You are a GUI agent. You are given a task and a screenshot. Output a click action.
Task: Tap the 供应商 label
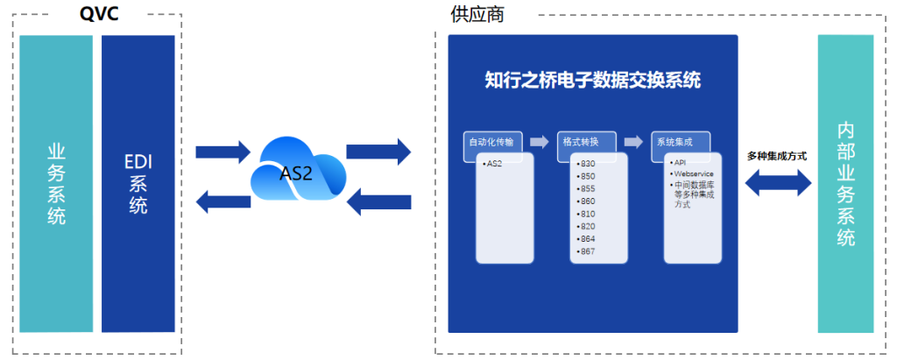477,14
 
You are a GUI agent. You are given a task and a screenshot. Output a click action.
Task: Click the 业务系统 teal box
56,184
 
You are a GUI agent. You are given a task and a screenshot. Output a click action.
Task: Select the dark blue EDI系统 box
138,184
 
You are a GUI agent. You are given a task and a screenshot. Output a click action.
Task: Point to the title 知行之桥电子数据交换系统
592,81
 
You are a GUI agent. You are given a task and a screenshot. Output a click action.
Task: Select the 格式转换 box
585,141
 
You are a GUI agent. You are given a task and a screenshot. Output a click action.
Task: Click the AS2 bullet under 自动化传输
493,164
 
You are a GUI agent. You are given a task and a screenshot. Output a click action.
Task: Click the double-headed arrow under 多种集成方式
777,182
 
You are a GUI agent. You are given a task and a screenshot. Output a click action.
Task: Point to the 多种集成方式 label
777,156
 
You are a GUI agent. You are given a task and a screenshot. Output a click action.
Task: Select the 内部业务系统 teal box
845,184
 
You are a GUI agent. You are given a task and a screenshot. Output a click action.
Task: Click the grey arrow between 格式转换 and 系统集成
632,141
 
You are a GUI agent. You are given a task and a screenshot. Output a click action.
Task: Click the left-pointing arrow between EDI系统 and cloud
223,203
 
